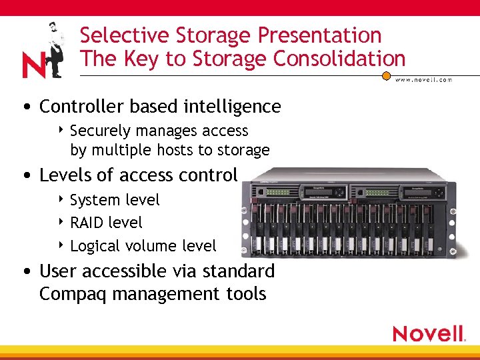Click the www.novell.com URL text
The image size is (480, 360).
(424, 79)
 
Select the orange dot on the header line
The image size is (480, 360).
(386, 75)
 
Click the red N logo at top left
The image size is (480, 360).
(33, 65)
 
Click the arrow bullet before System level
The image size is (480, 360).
(61, 199)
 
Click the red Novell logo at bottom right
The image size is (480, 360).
(428, 333)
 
